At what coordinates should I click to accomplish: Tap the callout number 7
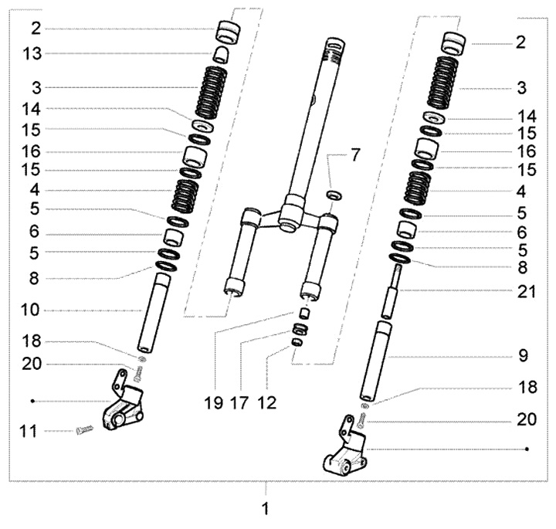pyautogui.click(x=354, y=154)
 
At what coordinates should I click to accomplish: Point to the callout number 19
pyautogui.click(x=214, y=402)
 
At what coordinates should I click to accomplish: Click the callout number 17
pyautogui.click(x=240, y=402)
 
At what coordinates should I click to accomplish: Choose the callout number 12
pyautogui.click(x=267, y=402)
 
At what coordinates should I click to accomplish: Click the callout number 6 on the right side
pyautogui.click(x=520, y=231)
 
